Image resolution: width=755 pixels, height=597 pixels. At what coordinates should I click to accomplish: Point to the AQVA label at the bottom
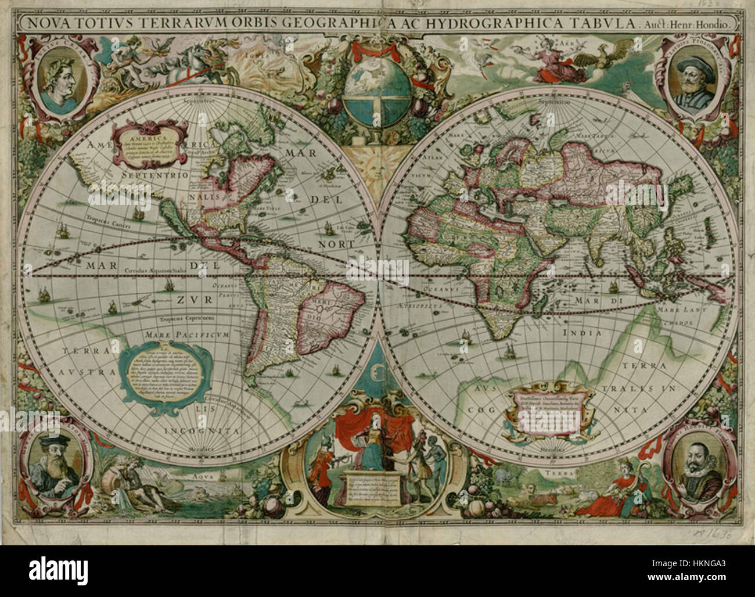[202, 473]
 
